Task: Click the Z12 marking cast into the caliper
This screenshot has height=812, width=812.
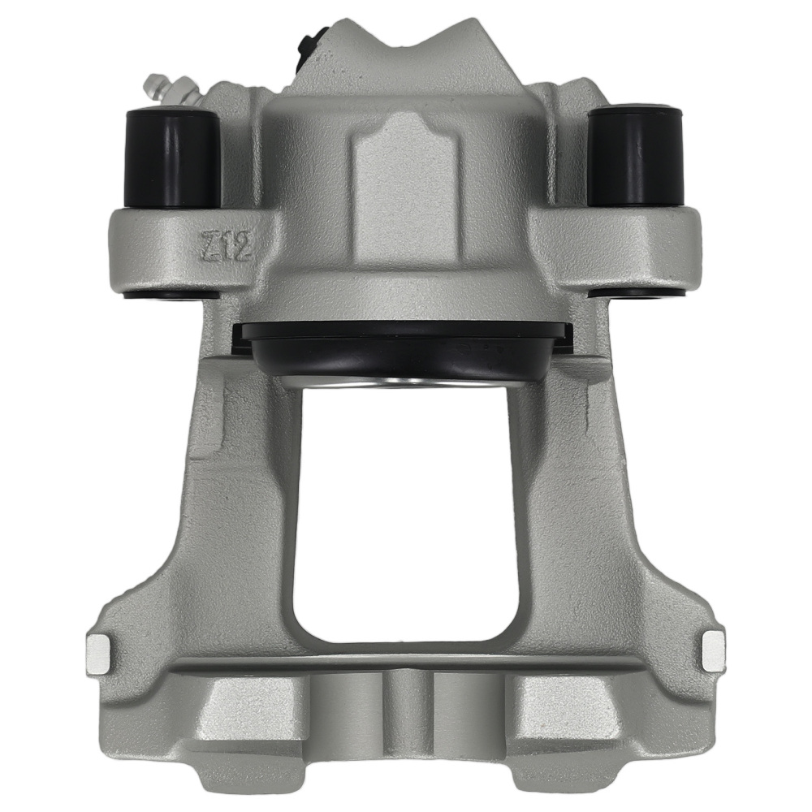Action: click(x=227, y=244)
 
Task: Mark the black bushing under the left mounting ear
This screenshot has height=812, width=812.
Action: click(x=171, y=293)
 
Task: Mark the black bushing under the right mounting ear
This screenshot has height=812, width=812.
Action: click(x=636, y=292)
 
